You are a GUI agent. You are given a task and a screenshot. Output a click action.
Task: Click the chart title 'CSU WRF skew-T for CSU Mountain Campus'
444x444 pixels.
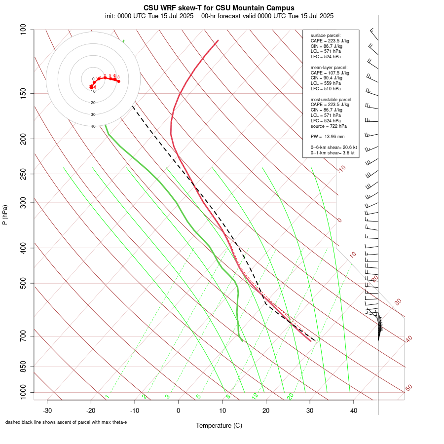click(x=219, y=8)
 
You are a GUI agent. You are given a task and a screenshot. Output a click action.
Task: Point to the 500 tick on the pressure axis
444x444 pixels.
click(x=24, y=283)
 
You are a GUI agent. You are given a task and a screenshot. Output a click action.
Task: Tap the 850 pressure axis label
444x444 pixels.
click(x=24, y=367)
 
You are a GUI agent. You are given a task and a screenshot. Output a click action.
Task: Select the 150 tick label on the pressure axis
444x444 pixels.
click(x=24, y=93)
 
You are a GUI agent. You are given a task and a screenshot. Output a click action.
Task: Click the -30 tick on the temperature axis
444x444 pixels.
click(x=47, y=410)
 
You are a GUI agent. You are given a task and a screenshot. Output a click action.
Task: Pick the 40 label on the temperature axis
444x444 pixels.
click(x=354, y=410)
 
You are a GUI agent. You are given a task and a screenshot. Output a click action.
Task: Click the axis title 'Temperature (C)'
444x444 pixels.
click(x=219, y=425)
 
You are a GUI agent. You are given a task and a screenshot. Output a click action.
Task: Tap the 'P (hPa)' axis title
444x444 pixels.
click(x=5, y=215)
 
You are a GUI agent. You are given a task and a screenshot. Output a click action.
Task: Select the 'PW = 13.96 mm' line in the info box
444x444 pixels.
click(x=328, y=136)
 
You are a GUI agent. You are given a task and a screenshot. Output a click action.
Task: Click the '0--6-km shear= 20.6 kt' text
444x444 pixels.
click(x=333, y=148)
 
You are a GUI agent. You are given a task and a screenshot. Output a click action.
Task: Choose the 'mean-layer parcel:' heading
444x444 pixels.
click(x=329, y=67)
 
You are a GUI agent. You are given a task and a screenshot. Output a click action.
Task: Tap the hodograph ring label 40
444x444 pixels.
click(x=93, y=126)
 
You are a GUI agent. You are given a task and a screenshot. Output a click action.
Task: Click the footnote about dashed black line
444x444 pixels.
click(x=66, y=422)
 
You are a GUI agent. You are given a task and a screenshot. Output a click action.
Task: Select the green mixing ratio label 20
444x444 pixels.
click(x=290, y=396)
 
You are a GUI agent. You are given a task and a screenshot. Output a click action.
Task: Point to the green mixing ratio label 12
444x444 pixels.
click(x=255, y=396)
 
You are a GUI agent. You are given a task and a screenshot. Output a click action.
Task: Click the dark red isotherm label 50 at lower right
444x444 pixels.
click(x=409, y=388)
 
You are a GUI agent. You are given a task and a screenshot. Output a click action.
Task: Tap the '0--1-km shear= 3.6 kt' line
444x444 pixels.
click(x=333, y=153)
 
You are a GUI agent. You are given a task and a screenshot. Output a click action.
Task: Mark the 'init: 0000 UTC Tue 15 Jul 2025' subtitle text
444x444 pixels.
click(x=149, y=16)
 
